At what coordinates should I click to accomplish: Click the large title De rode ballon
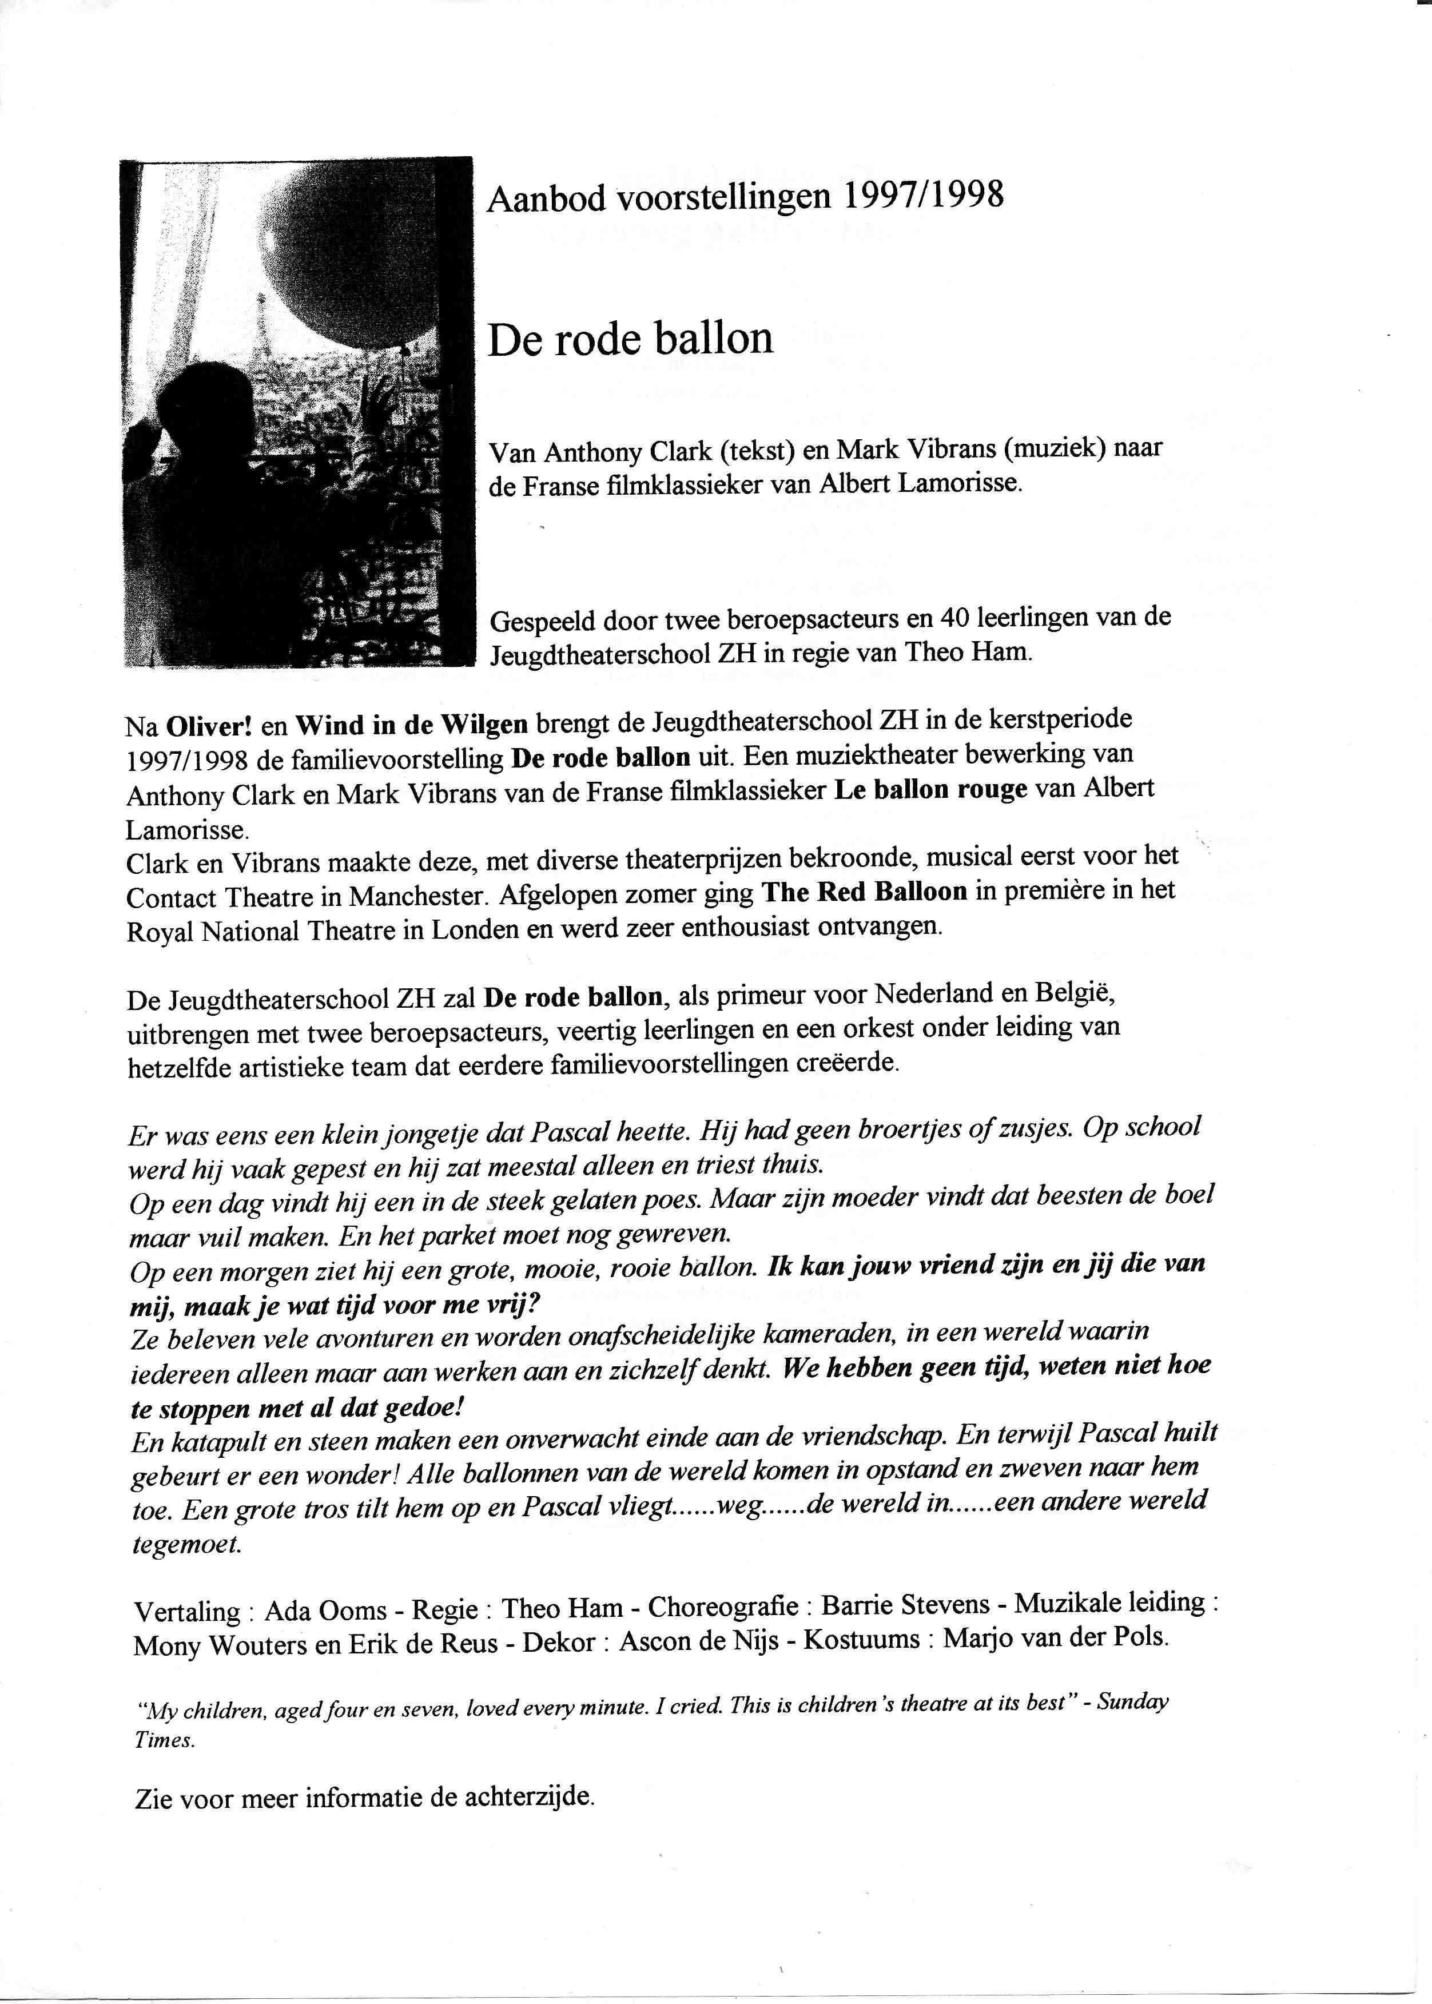630,339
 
